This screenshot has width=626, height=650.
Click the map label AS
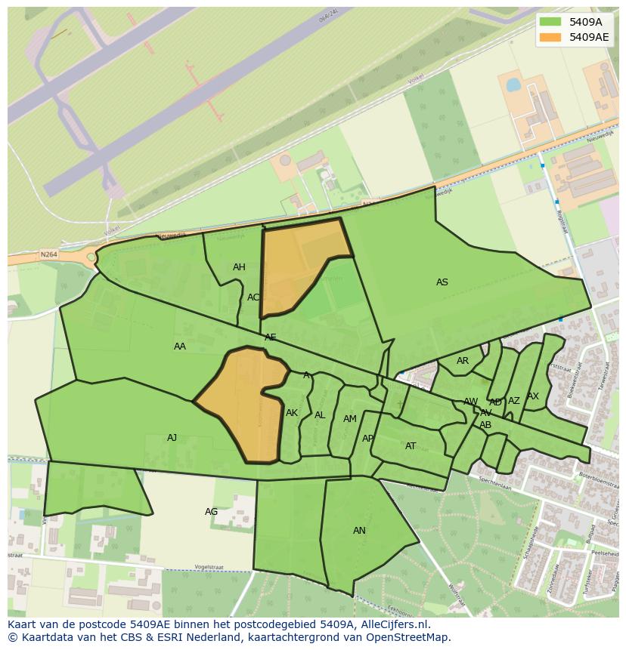442,282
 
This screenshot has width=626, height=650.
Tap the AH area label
239,267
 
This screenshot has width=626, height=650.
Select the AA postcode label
180,347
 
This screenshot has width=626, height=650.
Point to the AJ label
172,438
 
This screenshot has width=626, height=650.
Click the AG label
212,512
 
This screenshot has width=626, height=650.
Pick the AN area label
359,531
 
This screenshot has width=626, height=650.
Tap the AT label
411,446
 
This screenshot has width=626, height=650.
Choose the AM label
349,419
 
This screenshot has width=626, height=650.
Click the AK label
292,413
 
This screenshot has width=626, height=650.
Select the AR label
463,361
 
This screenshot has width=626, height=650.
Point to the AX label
533,396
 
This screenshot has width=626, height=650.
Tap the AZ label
514,401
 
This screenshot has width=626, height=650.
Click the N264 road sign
49,255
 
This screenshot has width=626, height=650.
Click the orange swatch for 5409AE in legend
550,37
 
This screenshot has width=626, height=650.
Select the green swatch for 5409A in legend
550,22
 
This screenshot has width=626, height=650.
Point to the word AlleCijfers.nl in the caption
393,624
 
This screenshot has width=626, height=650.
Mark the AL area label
320,415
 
